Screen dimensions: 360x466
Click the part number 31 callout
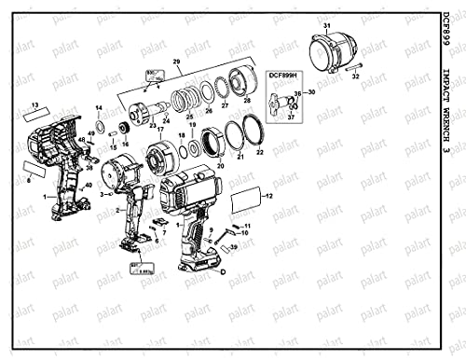coord(328,25)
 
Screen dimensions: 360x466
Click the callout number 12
coord(269,197)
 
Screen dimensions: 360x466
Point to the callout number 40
coord(89,187)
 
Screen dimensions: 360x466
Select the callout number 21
coord(241,158)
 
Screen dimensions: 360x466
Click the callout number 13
coord(35,104)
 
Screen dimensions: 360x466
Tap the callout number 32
coord(355,76)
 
